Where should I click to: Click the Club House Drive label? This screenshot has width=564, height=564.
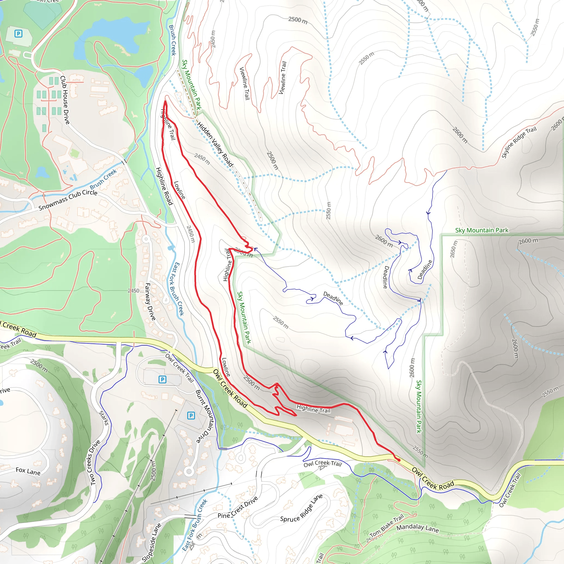[x=65, y=100]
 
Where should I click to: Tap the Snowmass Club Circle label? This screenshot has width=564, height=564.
[x=68, y=200]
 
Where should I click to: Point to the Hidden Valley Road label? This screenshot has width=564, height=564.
[x=215, y=144]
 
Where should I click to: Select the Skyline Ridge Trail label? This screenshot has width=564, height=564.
[x=519, y=142]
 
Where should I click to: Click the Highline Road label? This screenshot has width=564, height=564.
[x=164, y=186]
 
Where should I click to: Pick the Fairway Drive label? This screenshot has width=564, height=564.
[x=150, y=301]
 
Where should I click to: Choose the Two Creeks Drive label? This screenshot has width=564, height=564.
[x=95, y=462]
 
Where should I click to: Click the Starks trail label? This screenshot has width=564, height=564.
[x=104, y=418]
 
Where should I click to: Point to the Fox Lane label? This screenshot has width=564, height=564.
[x=28, y=471]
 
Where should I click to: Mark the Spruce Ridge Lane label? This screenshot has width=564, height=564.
[x=301, y=508]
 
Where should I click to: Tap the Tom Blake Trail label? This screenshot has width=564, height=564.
[x=386, y=526]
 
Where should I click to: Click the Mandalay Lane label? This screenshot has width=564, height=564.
[x=417, y=528]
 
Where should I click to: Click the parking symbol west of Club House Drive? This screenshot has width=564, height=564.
[x=18, y=34]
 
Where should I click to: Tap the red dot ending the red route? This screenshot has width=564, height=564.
[x=399, y=460]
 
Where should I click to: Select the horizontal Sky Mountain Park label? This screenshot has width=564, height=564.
[x=482, y=230]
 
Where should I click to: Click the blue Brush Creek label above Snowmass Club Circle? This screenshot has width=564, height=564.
[x=103, y=179]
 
